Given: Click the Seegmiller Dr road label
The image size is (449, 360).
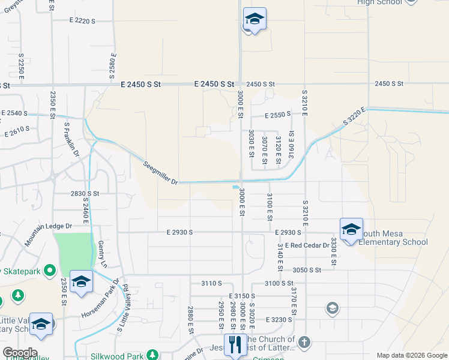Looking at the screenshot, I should [161, 173].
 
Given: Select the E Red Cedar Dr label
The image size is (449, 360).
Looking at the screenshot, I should [309, 245].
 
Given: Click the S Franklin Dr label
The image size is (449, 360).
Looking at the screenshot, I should [72, 140].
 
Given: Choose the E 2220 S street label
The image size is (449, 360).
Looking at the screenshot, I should [82, 21].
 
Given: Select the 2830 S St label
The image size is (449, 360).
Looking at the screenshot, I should [84, 194].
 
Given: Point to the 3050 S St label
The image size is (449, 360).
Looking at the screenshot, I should [308, 271].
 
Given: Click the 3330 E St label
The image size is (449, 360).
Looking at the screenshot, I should [333, 251].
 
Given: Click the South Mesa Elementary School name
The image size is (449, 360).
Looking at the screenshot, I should [393, 238].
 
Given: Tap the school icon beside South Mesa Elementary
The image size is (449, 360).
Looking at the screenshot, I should [351, 229].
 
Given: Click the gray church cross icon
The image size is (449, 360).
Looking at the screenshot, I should [304, 343].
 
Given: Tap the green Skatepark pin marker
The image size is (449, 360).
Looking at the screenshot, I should [50, 271].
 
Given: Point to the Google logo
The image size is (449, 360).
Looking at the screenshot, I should [19, 352].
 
